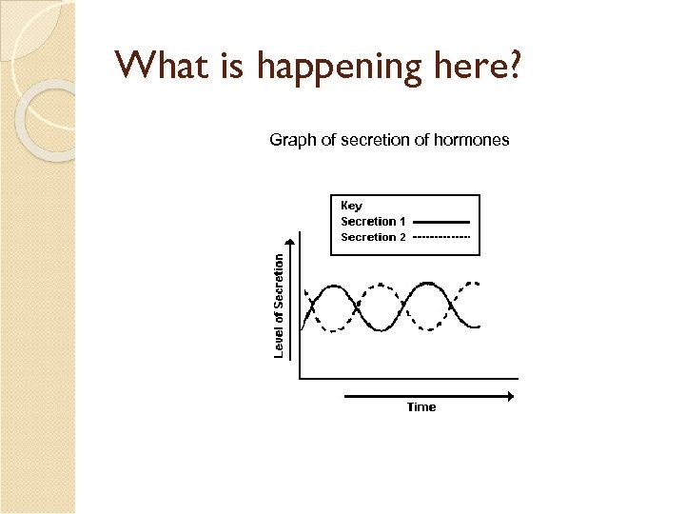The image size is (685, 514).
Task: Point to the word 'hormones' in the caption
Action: coord(472,140)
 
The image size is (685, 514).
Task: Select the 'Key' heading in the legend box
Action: coord(351,206)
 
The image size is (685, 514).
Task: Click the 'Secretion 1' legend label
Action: coord(373,221)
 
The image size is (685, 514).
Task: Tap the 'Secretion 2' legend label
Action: coord(373,237)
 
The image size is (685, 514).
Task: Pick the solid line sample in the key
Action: coord(442,222)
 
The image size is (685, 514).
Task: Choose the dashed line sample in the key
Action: coord(442,237)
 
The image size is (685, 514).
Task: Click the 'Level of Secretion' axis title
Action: coord(279,305)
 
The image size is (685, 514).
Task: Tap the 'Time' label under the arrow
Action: coord(421,407)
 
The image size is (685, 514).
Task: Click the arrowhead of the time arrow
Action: coord(514,395)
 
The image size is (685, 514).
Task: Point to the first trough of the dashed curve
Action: coord(332,330)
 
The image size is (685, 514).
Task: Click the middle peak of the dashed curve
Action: coord(381,284)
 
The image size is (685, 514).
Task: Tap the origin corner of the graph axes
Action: coord(300,378)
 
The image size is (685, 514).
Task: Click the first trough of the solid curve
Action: coord(381,330)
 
